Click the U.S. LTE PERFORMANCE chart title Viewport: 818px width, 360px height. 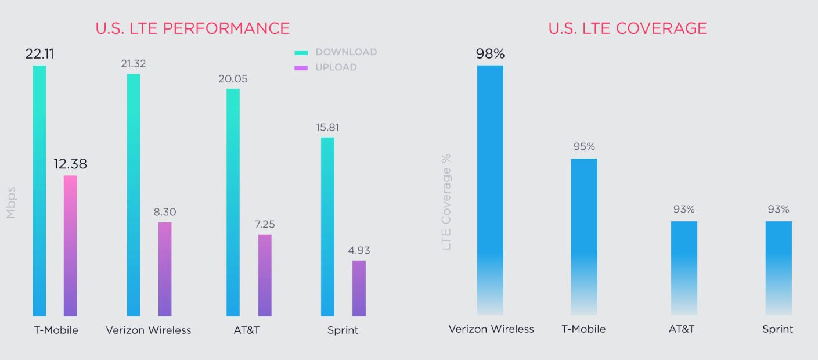pos(192,28)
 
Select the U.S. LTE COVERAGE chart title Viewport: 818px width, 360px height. pos(627,28)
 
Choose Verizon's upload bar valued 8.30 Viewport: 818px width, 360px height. pos(165,269)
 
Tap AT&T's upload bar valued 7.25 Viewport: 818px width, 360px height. pos(265,275)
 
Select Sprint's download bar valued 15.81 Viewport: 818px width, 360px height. pos(328,226)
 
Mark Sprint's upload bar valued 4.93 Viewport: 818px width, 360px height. pos(359,288)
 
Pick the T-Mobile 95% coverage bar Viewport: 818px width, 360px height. pos(584,236)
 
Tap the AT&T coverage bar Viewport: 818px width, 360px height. pos(684,268)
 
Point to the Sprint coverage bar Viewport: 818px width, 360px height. pos(779,268)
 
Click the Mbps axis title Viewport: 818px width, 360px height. pos(10,202)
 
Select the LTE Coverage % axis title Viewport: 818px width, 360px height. pos(446,201)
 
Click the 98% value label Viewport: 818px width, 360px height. pos(490,54)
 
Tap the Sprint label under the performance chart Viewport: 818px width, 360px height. pos(343,330)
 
